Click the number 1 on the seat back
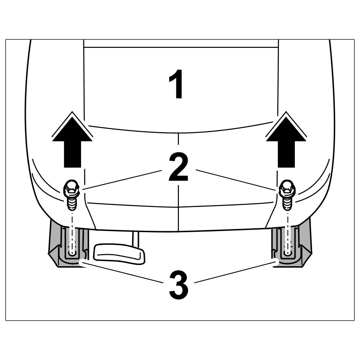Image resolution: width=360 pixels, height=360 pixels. [x=177, y=84]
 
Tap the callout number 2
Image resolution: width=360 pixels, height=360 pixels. [x=178, y=167]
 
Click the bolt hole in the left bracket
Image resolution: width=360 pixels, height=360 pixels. [x=72, y=253]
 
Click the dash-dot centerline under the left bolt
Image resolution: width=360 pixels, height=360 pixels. [x=72, y=230]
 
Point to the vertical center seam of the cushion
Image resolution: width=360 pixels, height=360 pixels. [x=179, y=216]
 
